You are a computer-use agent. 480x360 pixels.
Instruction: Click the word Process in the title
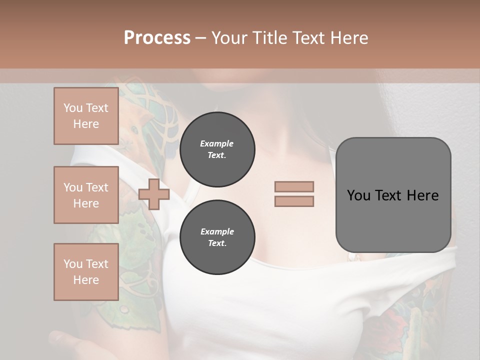(x=157, y=37)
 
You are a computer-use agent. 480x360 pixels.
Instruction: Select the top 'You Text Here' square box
(x=86, y=116)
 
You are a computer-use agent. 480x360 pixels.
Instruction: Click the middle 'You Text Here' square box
(x=86, y=195)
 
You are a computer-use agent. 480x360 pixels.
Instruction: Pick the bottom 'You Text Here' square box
(x=86, y=272)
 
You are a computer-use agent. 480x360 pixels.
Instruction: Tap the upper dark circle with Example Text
(x=217, y=149)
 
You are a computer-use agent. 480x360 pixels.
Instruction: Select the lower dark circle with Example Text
(x=217, y=237)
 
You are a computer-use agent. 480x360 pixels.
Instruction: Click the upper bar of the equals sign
(x=294, y=187)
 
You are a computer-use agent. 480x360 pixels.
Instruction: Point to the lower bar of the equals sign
(x=294, y=201)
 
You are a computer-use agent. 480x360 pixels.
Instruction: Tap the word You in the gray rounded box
(x=358, y=195)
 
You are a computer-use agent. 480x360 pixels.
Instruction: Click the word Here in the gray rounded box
(x=422, y=195)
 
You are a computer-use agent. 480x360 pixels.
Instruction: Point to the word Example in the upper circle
(x=217, y=143)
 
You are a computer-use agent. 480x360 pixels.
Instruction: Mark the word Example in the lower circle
(x=217, y=231)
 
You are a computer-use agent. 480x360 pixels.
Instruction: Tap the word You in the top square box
(x=73, y=108)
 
